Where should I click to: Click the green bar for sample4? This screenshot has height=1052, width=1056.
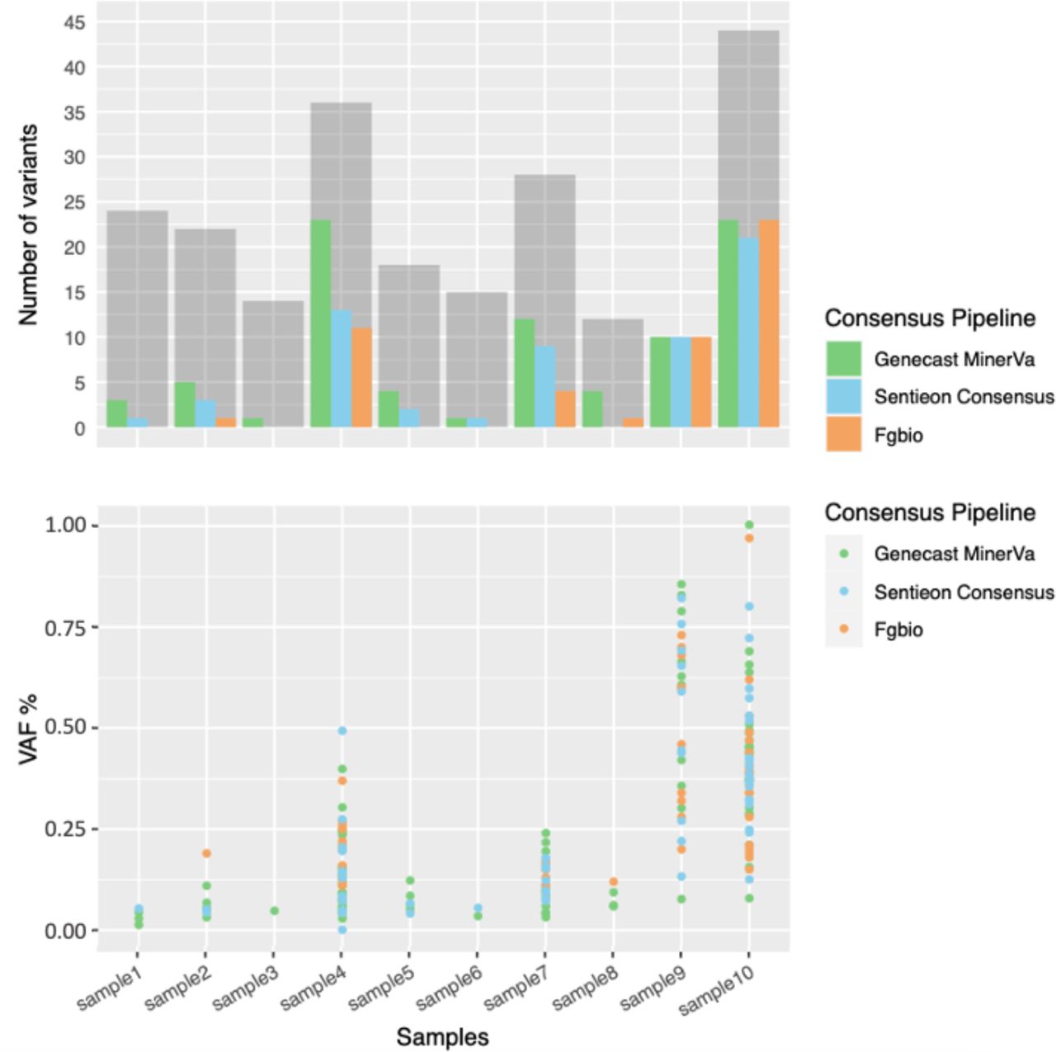point(320,323)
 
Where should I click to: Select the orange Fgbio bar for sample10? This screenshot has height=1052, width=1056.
point(769,323)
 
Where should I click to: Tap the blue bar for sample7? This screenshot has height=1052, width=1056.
point(544,386)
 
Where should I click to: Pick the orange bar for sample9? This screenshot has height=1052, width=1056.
point(701,382)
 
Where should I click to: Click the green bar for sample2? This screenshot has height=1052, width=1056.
point(185,404)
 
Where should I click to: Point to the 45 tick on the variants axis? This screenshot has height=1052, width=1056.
point(74,23)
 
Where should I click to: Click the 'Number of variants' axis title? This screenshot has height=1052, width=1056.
point(28,224)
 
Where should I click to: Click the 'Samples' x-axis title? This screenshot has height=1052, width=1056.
point(442,1037)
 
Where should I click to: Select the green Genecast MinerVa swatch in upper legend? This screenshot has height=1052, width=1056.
point(843,359)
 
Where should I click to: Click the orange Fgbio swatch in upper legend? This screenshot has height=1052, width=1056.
point(843,434)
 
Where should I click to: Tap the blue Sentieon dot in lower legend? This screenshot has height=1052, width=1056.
point(843,592)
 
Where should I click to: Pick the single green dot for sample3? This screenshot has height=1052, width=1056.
point(274,911)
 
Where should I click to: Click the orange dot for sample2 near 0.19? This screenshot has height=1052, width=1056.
point(206,853)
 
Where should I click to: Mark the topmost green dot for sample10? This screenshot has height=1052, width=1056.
point(749,525)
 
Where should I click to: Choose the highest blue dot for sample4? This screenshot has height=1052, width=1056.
point(342,731)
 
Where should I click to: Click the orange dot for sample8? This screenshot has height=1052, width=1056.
point(613,882)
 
